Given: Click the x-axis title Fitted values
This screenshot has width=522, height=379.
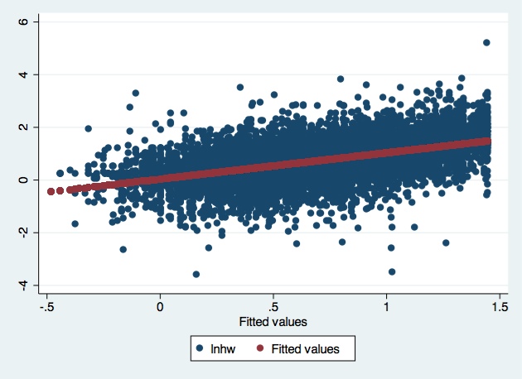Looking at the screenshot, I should [x=273, y=322].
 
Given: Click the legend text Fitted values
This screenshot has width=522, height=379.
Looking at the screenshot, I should [x=306, y=349].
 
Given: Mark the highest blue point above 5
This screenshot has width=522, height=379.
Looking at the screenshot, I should [x=486, y=42].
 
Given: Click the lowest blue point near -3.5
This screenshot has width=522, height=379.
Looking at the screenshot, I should [x=196, y=274].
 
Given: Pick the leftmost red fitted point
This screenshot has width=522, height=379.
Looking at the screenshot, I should [x=51, y=191].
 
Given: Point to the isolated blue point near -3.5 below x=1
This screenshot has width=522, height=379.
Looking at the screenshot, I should [x=392, y=271].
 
